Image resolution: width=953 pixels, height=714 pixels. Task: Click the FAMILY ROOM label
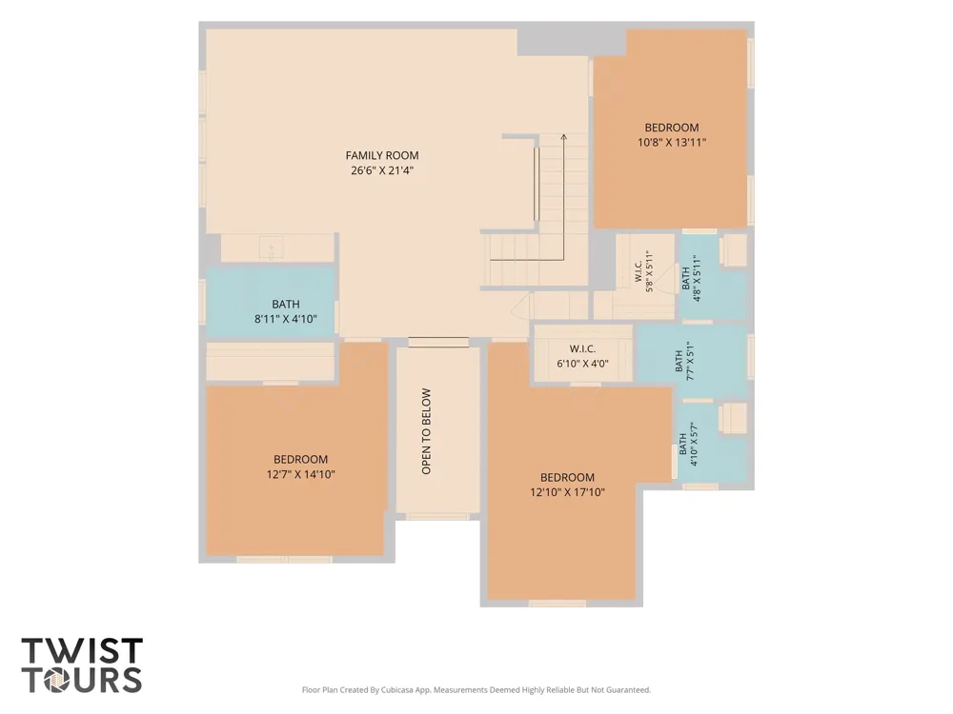coord(382,155)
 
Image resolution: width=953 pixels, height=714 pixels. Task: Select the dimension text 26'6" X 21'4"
coord(382,170)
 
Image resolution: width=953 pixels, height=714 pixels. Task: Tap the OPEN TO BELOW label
coord(426,431)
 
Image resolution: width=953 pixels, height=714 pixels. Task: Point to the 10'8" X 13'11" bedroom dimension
coord(672,143)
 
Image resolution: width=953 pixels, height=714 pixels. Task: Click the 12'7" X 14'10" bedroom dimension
coord(301,475)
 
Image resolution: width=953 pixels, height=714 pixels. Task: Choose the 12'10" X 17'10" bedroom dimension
coord(567,492)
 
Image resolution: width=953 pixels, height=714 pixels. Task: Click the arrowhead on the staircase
coord(563,137)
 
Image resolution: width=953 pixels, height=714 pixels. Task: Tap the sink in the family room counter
coord(271,248)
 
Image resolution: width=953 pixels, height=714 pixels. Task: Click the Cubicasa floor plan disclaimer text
coord(476,689)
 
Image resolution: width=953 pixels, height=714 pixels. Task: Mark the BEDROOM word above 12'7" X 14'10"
coord(301,460)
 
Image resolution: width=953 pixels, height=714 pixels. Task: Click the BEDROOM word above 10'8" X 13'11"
coord(672,128)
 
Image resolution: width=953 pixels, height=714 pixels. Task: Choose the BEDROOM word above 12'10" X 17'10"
coord(567,477)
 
